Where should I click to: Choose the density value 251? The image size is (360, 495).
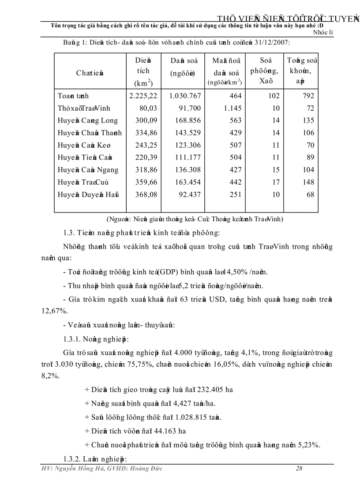tap(236, 195)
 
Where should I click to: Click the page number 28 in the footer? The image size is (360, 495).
tap(299, 469)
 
